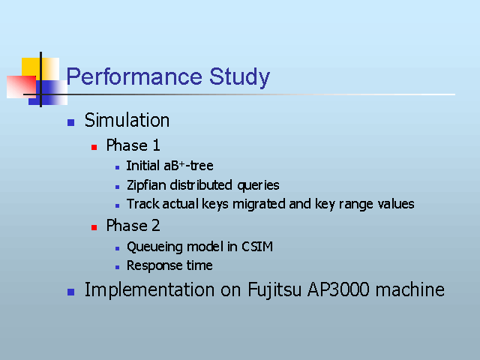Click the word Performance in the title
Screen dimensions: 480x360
click(134, 76)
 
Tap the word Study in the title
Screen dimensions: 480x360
click(239, 77)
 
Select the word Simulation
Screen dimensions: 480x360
click(127, 120)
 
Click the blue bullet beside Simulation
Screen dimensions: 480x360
click(70, 122)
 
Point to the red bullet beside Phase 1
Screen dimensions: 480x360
click(94, 148)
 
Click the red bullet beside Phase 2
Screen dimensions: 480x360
click(94, 227)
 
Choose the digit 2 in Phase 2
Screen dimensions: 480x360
click(155, 226)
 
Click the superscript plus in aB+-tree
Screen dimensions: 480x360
click(181, 163)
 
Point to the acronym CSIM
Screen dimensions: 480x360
click(257, 247)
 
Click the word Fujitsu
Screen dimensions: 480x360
click(274, 290)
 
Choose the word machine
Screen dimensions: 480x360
click(410, 289)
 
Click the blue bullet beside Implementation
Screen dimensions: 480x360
click(70, 292)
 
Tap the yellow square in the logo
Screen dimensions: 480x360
click(31, 67)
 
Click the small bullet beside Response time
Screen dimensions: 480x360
click(117, 267)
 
